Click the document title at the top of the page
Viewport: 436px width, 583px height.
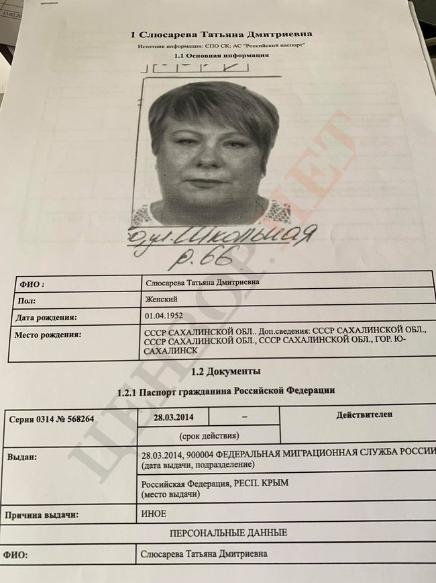pyautogui.click(x=221, y=34)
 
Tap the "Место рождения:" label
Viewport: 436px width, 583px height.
pyautogui.click(x=51, y=334)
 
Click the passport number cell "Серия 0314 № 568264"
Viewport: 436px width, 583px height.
pyautogui.click(x=51, y=418)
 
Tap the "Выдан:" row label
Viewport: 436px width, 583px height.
pyautogui.click(x=21, y=457)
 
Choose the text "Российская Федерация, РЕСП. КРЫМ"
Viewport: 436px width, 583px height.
pyautogui.click(x=219, y=484)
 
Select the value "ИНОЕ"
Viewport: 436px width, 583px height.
pyautogui.click(x=154, y=514)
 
